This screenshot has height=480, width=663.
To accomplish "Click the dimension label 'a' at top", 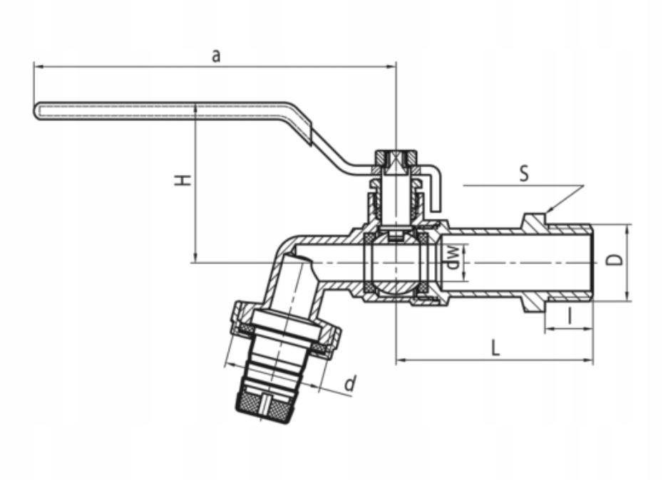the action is (216, 56).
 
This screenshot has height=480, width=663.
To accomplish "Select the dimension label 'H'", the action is (183, 180).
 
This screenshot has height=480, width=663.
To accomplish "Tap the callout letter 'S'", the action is (524, 173).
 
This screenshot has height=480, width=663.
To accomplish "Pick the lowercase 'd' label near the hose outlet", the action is (350, 384).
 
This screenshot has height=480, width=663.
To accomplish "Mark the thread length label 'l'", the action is (570, 316).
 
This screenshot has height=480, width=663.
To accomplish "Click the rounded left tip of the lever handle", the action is (36, 110).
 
